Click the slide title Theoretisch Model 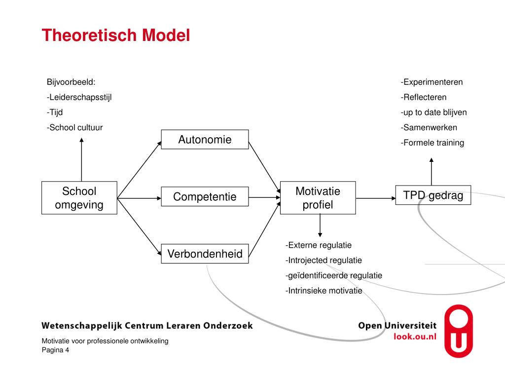(115, 36)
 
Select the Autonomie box (205, 140)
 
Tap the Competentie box (205, 197)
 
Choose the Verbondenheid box (205, 254)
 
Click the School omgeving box (79, 198)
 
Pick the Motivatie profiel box (318, 198)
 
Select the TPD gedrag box (433, 195)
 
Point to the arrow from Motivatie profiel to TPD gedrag (375, 198)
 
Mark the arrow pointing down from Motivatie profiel (320, 226)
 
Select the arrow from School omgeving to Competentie (139, 198)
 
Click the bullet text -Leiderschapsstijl (79, 97)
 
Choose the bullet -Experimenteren (432, 82)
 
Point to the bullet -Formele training (432, 143)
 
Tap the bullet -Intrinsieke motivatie (324, 291)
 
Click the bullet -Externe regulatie (318, 245)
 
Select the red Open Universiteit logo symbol (458, 331)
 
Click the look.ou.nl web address (415, 336)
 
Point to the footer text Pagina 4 (55, 350)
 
